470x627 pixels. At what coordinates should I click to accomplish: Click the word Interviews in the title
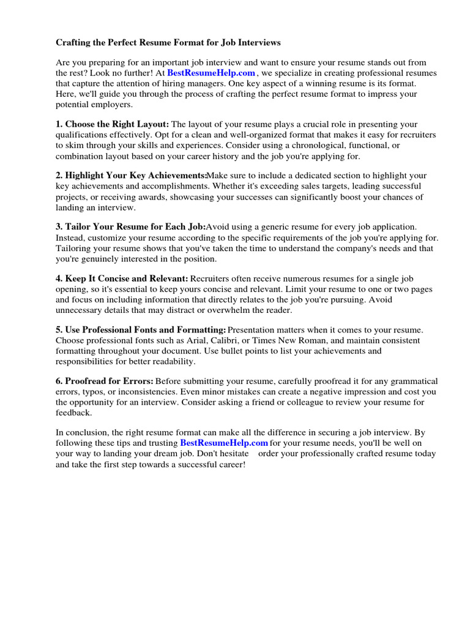257,43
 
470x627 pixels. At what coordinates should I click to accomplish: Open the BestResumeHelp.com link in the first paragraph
211,73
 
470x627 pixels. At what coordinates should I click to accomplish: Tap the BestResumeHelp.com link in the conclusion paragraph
224,443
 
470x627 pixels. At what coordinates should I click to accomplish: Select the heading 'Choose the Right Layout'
117,124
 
